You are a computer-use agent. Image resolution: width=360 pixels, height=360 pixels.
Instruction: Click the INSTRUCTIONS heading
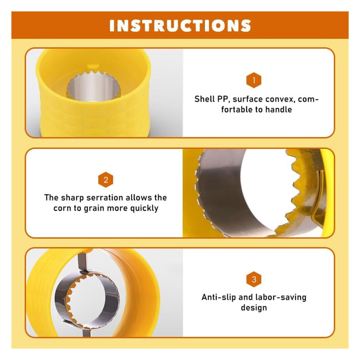click(180, 25)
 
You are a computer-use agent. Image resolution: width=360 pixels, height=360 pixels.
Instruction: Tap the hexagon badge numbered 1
click(254, 80)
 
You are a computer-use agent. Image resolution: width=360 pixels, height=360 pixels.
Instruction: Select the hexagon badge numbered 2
click(105, 180)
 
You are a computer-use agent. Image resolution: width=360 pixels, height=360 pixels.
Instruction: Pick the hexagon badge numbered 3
click(254, 279)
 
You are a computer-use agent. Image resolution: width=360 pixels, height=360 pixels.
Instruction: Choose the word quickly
click(144, 208)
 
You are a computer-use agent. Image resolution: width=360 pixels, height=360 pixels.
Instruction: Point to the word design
click(254, 308)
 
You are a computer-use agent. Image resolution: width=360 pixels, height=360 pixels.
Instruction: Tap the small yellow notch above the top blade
click(93, 67)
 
